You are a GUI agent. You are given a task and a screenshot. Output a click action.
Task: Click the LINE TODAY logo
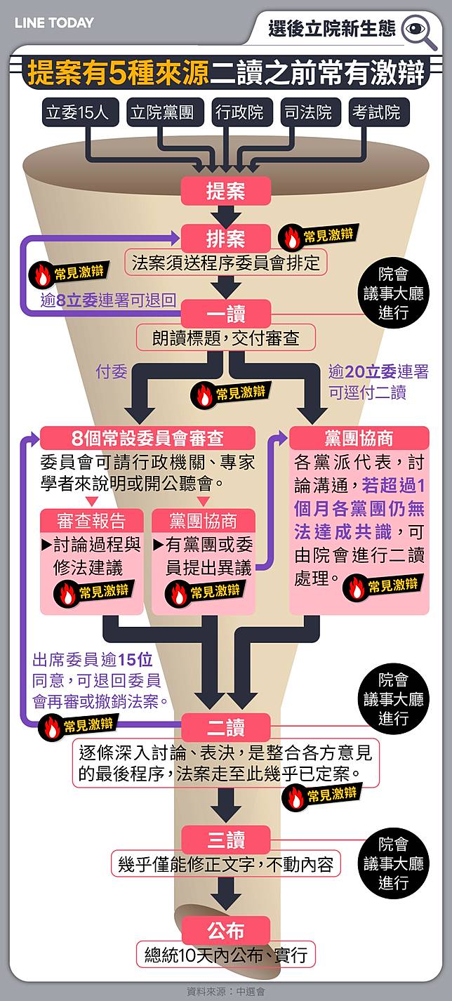point(54,22)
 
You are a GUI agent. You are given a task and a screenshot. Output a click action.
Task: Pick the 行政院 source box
point(239,112)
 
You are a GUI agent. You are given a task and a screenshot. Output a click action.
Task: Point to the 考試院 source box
point(377,112)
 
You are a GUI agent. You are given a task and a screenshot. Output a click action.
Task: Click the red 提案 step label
point(225,191)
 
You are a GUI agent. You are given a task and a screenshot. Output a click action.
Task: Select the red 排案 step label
point(225,238)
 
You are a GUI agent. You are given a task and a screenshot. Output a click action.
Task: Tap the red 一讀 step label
point(225,312)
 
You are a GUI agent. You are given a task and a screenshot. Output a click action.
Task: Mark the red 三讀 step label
point(225,840)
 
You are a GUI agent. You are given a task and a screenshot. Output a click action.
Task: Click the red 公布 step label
point(225,931)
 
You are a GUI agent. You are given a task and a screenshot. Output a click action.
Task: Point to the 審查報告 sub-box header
point(91,521)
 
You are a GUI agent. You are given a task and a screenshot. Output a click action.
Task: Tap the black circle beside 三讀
point(393,863)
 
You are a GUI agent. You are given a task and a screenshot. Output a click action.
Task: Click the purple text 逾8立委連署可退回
point(108,300)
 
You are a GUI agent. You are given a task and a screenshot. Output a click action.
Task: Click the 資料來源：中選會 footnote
point(225,991)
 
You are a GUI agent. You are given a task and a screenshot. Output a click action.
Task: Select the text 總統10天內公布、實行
point(225,955)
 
